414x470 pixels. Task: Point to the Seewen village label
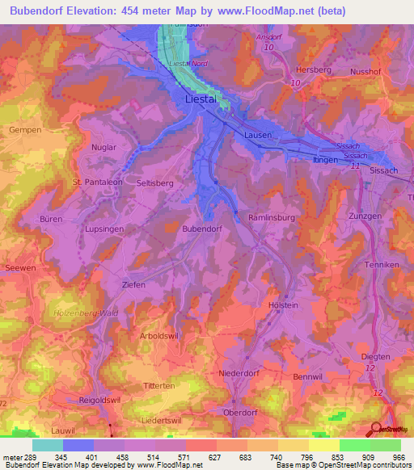(19, 269)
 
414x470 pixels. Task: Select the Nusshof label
(365, 71)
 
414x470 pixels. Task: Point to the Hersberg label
(314, 70)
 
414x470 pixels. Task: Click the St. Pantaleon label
(96, 183)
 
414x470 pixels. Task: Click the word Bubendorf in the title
(43, 11)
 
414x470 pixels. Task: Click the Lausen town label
(258, 136)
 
